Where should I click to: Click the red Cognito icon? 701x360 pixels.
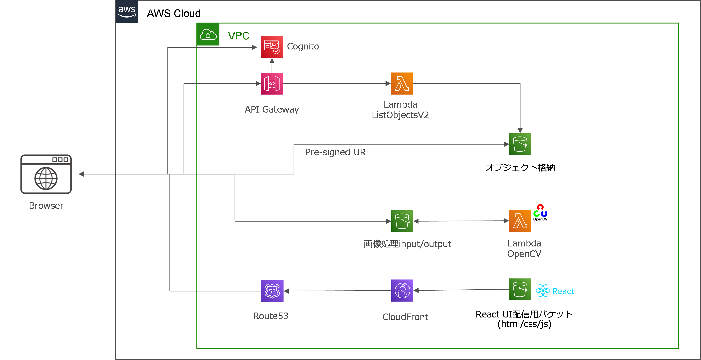click(x=272, y=47)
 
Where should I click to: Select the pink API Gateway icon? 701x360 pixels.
click(x=272, y=83)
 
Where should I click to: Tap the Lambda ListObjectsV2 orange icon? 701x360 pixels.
click(x=401, y=83)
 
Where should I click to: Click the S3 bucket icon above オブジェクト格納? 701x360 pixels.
click(x=520, y=144)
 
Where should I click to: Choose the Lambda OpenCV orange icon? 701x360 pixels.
click(x=520, y=221)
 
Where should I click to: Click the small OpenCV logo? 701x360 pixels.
click(x=540, y=212)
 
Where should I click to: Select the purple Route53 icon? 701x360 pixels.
click(x=272, y=291)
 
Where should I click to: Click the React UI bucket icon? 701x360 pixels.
click(x=520, y=289)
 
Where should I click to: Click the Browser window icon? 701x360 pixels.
click(x=46, y=174)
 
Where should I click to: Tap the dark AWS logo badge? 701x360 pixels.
click(x=127, y=11)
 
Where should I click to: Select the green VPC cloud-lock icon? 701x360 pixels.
click(x=208, y=34)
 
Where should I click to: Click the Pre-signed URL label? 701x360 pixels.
click(x=338, y=152)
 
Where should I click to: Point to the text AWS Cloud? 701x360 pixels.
click(x=174, y=13)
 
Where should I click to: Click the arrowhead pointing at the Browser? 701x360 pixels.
click(x=81, y=174)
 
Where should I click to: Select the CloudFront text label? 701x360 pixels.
click(x=405, y=317)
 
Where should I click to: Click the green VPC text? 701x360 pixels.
click(x=238, y=36)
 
